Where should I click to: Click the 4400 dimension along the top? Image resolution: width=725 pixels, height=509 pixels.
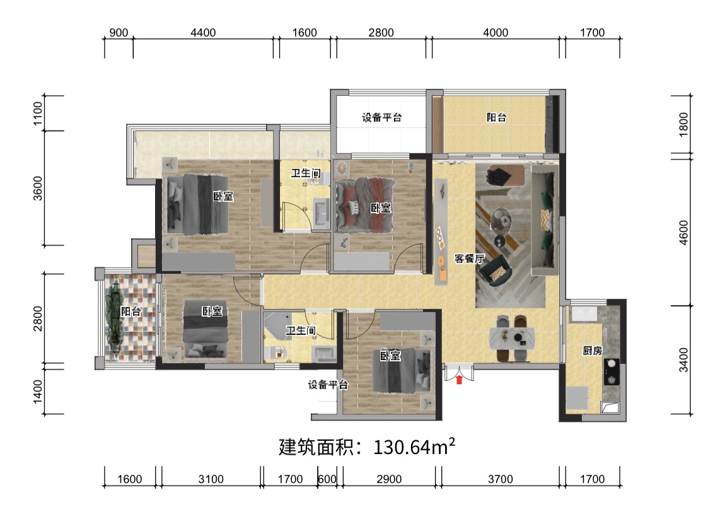click(x=203, y=33)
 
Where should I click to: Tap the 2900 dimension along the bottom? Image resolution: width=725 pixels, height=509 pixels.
click(x=389, y=479)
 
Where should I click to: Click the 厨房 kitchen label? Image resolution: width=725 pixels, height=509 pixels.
click(x=592, y=351)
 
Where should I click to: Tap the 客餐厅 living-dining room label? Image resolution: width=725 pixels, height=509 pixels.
click(x=469, y=259)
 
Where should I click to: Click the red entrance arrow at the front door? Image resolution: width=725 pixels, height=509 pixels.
click(x=460, y=379)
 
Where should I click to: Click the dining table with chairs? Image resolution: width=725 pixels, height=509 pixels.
click(x=513, y=338)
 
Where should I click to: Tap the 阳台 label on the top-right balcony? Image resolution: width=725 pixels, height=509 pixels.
click(x=497, y=117)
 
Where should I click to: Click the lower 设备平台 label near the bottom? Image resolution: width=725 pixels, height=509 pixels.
click(x=328, y=385)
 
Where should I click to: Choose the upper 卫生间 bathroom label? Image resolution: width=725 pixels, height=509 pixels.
click(x=304, y=173)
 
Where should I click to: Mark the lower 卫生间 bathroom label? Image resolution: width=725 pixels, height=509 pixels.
click(x=301, y=330)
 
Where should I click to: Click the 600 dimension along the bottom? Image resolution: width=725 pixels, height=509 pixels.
click(x=327, y=479)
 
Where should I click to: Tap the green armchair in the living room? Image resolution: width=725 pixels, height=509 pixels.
click(x=494, y=270)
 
